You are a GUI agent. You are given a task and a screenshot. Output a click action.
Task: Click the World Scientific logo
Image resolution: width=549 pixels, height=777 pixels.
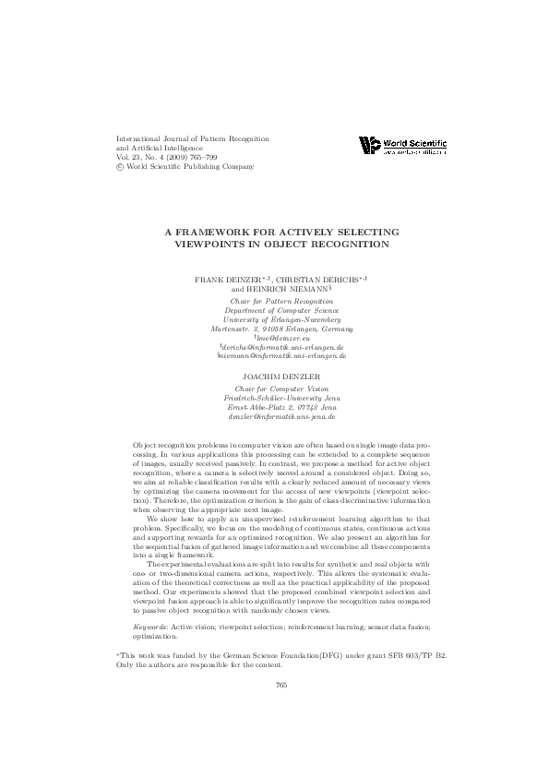tap(402, 145)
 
